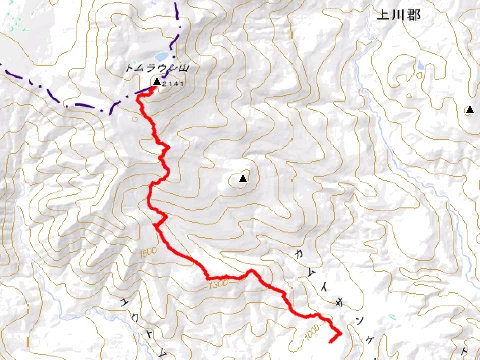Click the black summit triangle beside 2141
[157, 82]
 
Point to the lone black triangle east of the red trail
[241, 180]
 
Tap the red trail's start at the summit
[152, 89]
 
